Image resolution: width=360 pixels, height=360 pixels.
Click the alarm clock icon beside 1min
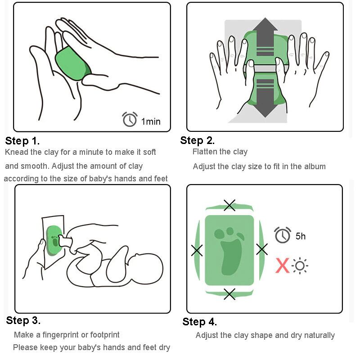coord(130,119)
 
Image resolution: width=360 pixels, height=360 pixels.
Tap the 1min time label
coord(151,121)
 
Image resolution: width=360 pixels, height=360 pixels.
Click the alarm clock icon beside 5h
coord(283,234)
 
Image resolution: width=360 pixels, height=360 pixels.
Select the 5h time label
coord(301,236)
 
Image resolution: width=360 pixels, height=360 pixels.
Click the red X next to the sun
coord(282,265)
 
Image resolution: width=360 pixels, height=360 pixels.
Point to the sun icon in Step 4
coord(300,266)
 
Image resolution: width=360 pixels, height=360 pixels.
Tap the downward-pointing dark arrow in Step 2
coord(265,98)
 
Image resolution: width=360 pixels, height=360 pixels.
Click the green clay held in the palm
coord(73,63)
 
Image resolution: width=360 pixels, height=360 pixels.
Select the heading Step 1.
coord(22,141)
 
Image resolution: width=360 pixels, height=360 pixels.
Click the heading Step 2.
coord(198,140)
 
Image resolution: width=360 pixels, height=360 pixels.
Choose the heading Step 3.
coord(23,320)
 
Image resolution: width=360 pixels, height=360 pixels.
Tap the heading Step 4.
coord(199,322)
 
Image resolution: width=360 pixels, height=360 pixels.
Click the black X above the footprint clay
coord(229,205)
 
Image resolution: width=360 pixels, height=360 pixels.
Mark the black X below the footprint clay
coord(229,294)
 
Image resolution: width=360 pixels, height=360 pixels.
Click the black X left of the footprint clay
coord(197,250)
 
